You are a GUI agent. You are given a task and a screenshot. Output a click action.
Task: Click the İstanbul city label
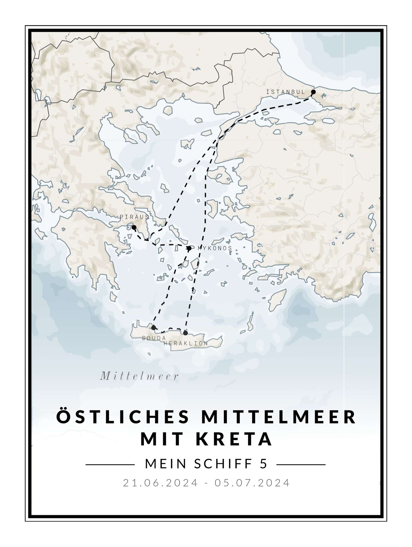[x=285, y=92]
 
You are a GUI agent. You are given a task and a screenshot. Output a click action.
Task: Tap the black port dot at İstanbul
[x=313, y=92]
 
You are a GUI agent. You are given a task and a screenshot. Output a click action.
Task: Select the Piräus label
[x=134, y=217]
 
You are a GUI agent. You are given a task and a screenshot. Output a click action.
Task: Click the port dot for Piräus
[x=134, y=227]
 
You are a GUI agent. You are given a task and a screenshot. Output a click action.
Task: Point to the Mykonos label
[x=215, y=248]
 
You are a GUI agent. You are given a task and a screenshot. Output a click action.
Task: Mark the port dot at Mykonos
[x=189, y=248]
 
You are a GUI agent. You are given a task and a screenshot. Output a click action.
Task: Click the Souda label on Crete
[x=154, y=338]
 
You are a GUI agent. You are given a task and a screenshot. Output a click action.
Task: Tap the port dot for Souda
[x=153, y=328]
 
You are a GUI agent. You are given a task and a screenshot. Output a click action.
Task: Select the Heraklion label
[x=186, y=344]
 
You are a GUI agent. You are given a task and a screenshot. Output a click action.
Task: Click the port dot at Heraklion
[x=186, y=333]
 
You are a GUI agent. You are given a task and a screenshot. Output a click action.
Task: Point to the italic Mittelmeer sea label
[x=139, y=377]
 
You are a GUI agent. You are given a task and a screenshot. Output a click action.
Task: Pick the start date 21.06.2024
[x=160, y=483]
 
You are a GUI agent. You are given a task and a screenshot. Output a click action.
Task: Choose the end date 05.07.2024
[x=252, y=483]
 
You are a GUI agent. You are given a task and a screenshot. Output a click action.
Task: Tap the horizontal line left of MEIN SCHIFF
[x=110, y=464]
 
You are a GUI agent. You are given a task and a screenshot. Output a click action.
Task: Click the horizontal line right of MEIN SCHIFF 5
[x=301, y=464]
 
